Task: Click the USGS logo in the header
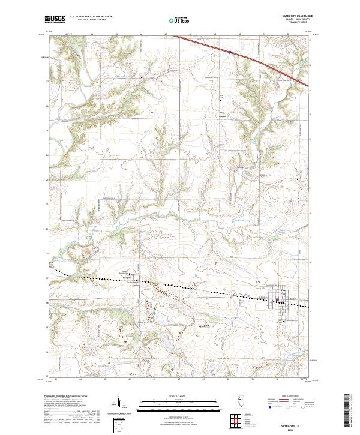click(x=55, y=19)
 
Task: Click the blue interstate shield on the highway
click(x=229, y=52)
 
